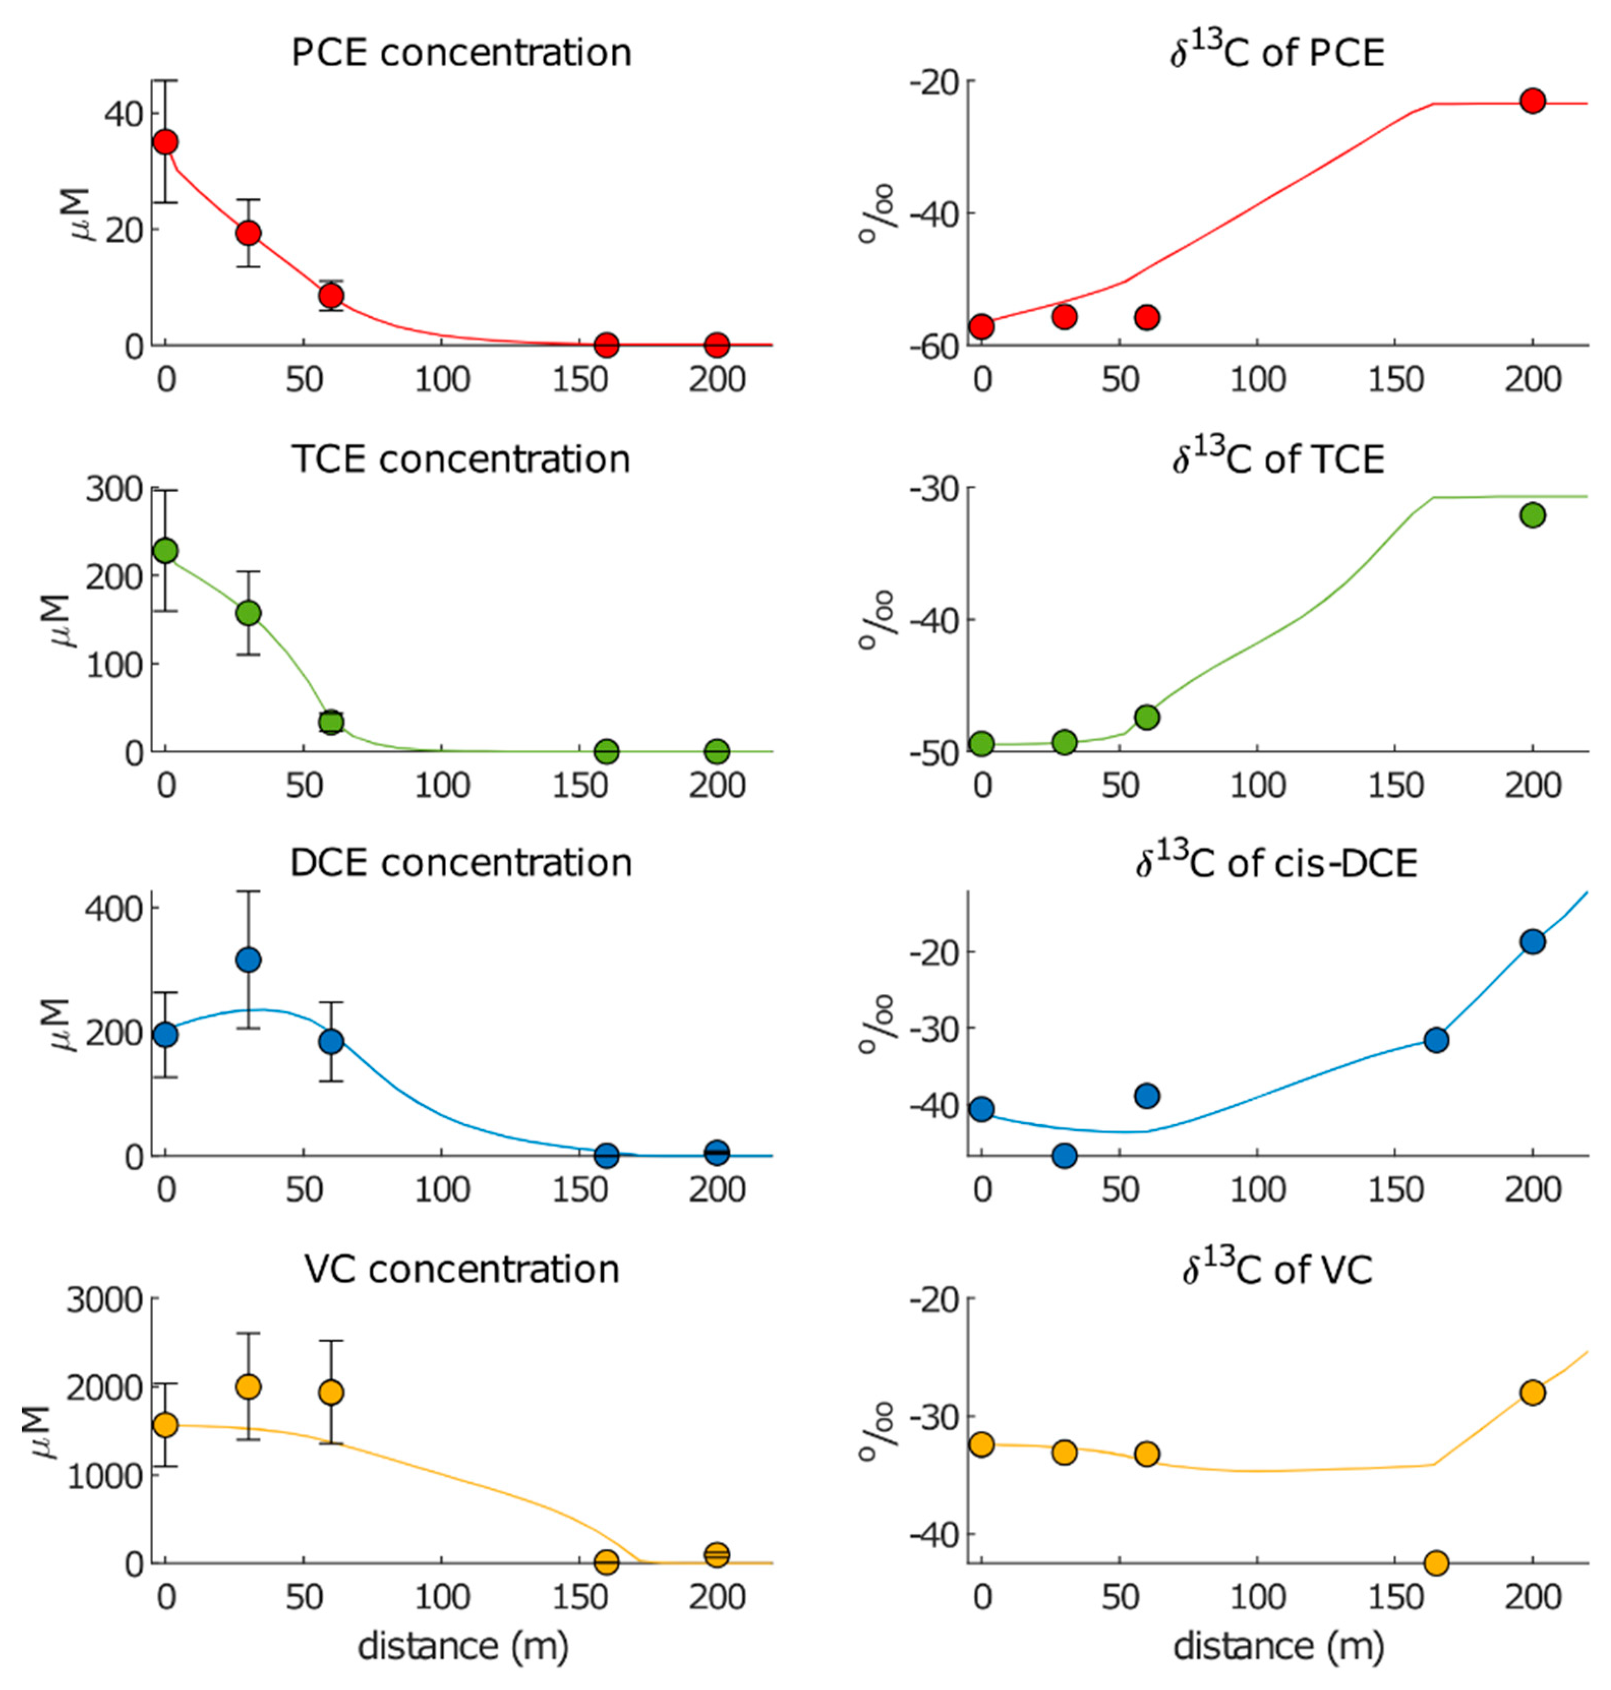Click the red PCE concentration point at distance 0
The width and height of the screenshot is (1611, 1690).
[166, 142]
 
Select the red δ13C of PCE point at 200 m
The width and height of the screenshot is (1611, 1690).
[1532, 101]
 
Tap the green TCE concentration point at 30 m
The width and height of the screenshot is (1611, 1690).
[248, 613]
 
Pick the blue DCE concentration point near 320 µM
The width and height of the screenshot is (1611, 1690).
[248, 959]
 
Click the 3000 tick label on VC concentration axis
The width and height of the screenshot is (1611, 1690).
[104, 1301]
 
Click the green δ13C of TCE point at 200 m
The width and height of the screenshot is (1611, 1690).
[1532, 515]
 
